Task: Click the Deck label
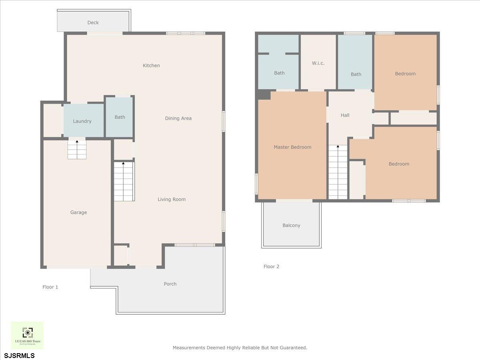(x=93, y=23)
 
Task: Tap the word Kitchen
(x=151, y=66)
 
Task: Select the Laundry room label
(x=82, y=121)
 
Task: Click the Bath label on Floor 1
(x=120, y=117)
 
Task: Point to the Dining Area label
(x=178, y=118)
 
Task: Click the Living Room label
(x=171, y=199)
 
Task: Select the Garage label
(x=78, y=212)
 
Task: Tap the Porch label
(x=170, y=284)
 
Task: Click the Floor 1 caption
(x=50, y=287)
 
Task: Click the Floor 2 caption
(x=271, y=266)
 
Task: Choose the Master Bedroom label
(x=292, y=147)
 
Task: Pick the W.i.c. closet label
(x=318, y=63)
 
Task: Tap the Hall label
(x=345, y=115)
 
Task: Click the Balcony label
(x=291, y=226)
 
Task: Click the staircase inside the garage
(x=77, y=150)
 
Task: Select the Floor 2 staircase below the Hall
(x=338, y=172)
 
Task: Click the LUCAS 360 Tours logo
(x=27, y=335)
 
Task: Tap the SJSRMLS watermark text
(x=20, y=355)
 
